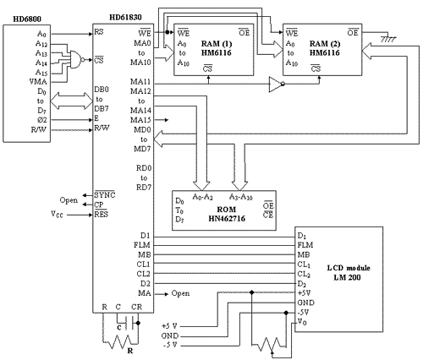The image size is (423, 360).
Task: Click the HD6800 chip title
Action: [27, 19]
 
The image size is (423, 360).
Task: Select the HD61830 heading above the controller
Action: [125, 18]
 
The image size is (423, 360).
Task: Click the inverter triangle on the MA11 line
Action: [277, 84]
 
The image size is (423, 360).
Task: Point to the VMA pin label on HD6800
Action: [38, 82]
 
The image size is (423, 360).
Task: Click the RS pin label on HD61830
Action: [99, 32]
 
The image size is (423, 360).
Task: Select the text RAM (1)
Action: [217, 44]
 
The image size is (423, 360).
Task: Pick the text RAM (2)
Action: [325, 44]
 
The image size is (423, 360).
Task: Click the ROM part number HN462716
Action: [227, 219]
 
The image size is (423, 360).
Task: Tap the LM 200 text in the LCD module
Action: [347, 277]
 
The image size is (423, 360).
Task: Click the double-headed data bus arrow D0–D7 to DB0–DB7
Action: [71, 101]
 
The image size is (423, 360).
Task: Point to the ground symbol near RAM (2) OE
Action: [388, 39]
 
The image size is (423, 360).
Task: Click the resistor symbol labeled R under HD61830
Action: [121, 341]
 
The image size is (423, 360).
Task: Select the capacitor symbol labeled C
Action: [129, 323]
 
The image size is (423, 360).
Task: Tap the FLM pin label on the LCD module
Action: [305, 245]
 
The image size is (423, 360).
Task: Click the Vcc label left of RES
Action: [57, 214]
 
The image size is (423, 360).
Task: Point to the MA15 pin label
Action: [140, 120]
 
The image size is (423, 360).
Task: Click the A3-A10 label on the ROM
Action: [240, 197]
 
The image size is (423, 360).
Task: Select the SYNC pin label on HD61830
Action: [105, 194]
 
